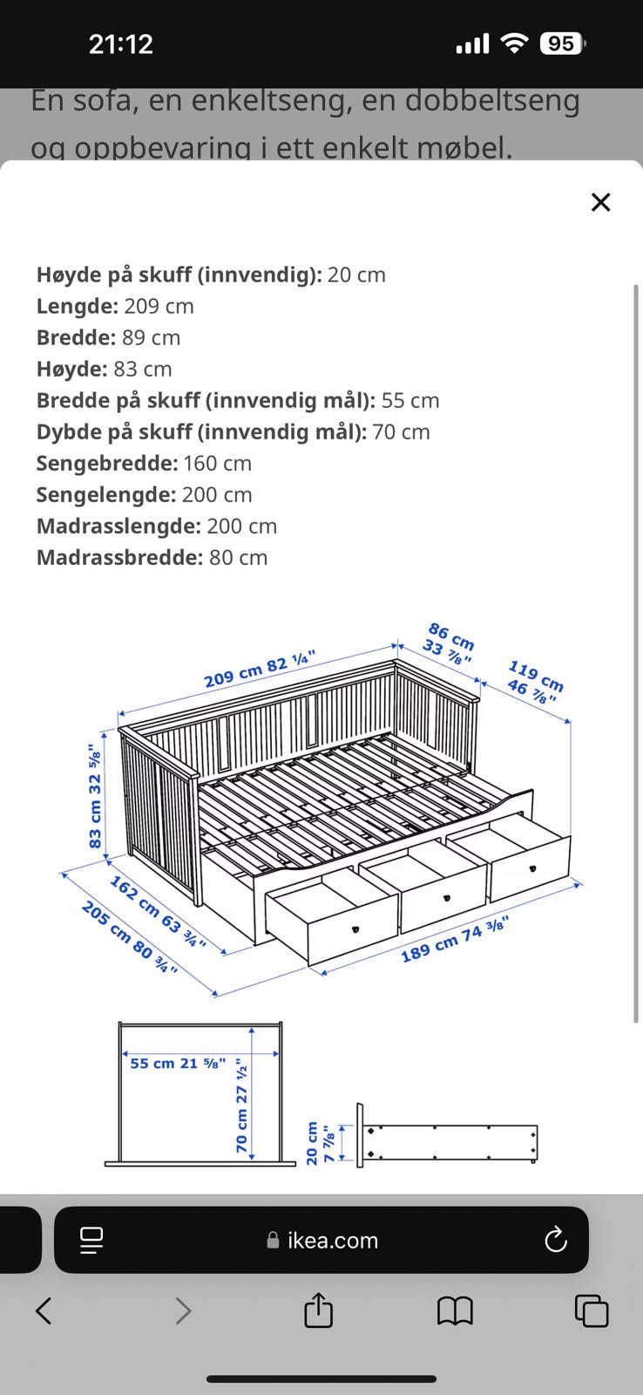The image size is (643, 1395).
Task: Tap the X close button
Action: [x=600, y=202]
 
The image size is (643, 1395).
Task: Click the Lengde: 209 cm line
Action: [x=115, y=306]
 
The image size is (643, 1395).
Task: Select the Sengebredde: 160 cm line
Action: [x=144, y=463]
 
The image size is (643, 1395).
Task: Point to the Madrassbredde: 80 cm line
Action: [x=152, y=557]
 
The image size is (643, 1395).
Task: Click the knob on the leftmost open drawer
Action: [x=355, y=929]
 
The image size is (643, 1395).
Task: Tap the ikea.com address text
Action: [x=332, y=1240]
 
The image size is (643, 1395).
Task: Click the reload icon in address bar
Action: [x=555, y=1240]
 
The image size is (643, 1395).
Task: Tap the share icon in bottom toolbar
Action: [x=318, y=1310]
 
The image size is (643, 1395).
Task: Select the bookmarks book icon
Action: [x=455, y=1310]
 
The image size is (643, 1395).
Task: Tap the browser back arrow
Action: [x=44, y=1310]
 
